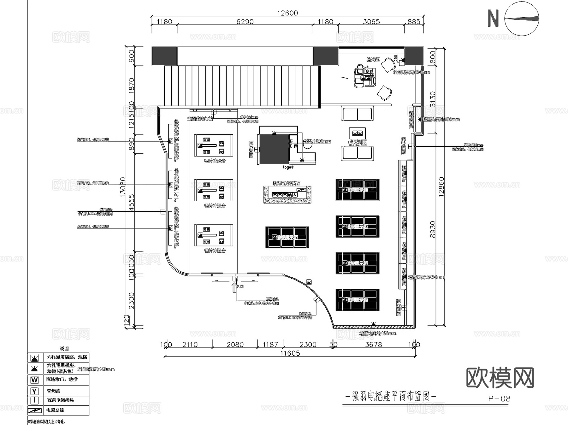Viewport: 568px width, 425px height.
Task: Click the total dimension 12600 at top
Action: pos(287,13)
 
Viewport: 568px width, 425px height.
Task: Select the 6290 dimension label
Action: pos(245,22)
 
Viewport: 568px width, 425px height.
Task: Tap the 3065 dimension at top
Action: pos(371,22)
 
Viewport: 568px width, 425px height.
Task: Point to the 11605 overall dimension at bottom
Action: pos(290,353)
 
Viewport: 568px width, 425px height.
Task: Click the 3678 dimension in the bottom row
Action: pos(373,345)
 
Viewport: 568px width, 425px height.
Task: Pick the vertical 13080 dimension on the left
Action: pos(123,187)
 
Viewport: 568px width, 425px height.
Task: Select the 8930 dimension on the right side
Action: pos(433,229)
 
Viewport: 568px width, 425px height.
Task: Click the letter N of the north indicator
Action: pos(493,18)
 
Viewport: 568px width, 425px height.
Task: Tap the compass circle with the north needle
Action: pos(521,19)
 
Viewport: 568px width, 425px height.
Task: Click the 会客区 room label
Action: pos(358,143)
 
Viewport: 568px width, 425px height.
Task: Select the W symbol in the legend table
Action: pos(34,380)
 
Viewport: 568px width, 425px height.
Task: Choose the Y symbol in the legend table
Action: pos(34,391)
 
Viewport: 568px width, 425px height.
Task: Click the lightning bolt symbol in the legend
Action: pos(35,410)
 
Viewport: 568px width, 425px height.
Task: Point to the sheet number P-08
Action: pos(499,398)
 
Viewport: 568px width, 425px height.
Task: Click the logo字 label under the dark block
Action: pos(288,167)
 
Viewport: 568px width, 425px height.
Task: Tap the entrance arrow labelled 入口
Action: pos(234,287)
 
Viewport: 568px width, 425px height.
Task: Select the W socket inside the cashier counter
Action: pos(290,195)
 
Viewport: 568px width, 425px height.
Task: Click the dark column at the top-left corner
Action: pos(164,56)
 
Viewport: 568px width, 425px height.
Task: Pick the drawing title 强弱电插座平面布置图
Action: pos(391,396)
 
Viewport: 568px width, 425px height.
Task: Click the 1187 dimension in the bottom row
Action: pos(270,345)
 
